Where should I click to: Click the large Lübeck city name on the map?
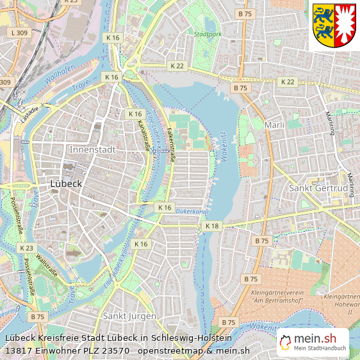[66, 183]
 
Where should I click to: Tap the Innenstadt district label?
[92, 150]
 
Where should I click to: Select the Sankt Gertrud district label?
[318, 189]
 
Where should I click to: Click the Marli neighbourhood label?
[274, 125]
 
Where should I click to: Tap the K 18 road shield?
[211, 227]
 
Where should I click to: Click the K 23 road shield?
[26, 248]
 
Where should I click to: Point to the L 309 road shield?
[19, 32]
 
